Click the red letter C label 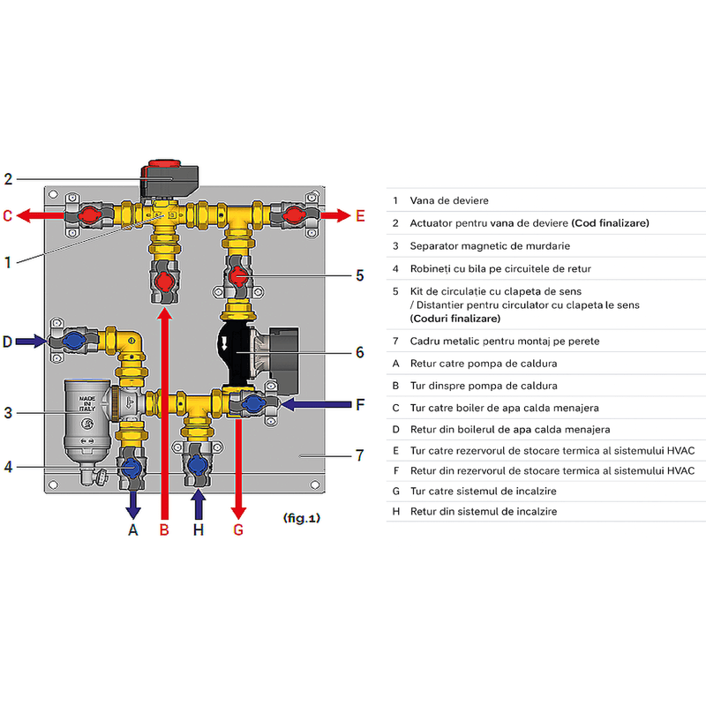pyautogui.click(x=7, y=215)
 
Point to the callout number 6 pyautogui.click(x=359, y=352)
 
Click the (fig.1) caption pyautogui.click(x=302, y=518)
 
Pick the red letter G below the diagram pyautogui.click(x=237, y=530)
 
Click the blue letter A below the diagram pyautogui.click(x=133, y=530)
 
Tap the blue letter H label pyautogui.click(x=198, y=530)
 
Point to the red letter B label pyautogui.click(x=164, y=530)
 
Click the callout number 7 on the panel pyautogui.click(x=359, y=455)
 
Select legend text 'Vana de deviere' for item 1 pyautogui.click(x=449, y=201)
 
